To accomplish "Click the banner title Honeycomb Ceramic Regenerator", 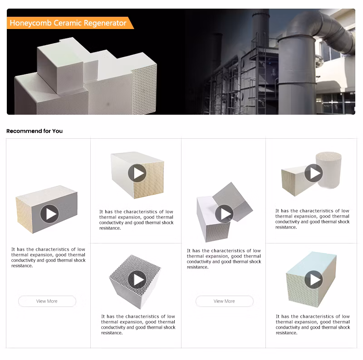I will pos(68,23).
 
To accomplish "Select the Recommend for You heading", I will pos(34,131).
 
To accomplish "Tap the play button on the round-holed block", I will pos(137,279).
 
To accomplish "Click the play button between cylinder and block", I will pos(313,173).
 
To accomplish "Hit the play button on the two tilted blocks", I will pos(224,214).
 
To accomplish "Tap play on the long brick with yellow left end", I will pos(49,214).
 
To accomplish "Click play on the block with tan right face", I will pos(137,173).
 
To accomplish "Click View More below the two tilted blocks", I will pos(224,301).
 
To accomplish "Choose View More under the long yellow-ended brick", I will pos(47,301).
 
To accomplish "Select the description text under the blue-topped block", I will pos(313,325).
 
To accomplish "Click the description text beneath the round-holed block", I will pos(138,325).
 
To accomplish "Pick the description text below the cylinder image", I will pos(313,219).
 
